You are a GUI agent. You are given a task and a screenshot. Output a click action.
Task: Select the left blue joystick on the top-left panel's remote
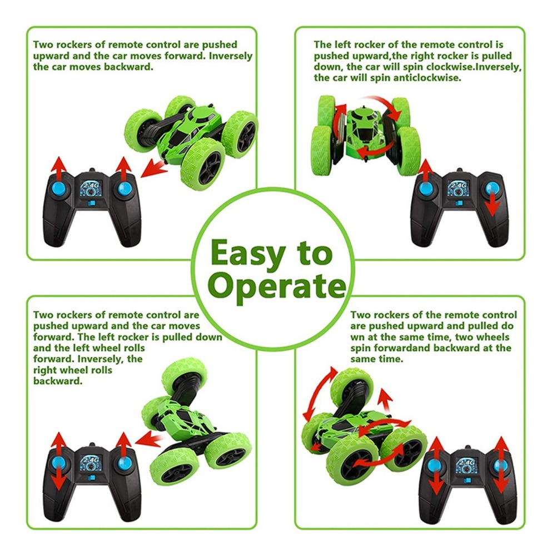point(59,188)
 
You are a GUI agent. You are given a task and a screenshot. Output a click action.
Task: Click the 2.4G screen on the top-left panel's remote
point(91,188)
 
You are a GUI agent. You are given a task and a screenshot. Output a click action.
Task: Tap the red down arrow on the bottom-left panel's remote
point(58,477)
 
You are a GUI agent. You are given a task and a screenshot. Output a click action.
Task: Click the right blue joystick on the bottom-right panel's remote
point(500,466)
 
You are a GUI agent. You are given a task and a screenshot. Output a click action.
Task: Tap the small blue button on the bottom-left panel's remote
point(92,478)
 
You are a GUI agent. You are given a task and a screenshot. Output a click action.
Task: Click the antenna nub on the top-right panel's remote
point(460,170)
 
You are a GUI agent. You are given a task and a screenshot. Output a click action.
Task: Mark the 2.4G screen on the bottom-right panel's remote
point(467,465)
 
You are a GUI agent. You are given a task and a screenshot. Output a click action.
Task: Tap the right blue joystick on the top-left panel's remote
point(125,188)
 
